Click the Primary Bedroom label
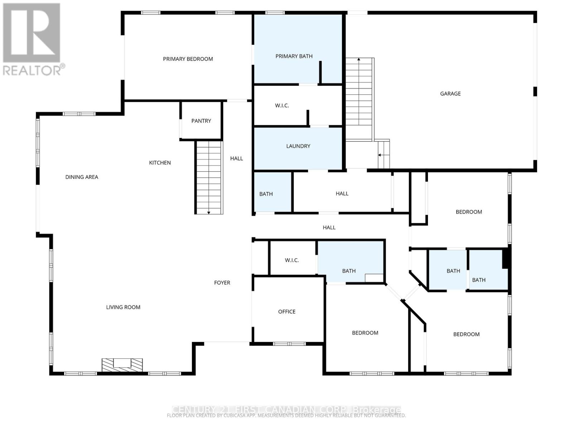click(188, 59)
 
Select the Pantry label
click(201, 121)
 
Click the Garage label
click(450, 94)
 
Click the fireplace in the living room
click(122, 365)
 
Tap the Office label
click(286, 312)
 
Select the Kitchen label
click(160, 163)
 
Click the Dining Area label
click(82, 177)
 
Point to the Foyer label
click(222, 283)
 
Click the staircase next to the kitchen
click(209, 177)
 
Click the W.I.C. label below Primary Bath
click(282, 105)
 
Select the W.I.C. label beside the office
click(292, 260)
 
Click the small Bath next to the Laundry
click(266, 194)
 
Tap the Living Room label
click(123, 307)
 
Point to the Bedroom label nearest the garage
click(468, 212)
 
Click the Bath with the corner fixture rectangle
click(348, 271)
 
